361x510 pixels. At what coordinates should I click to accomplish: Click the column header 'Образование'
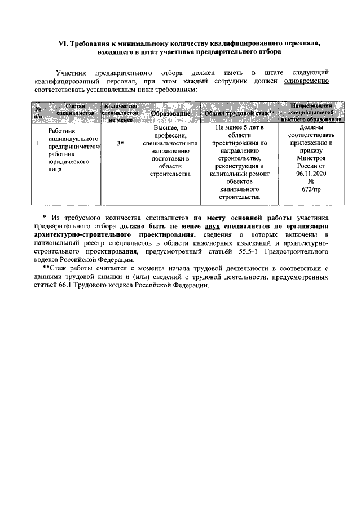(169, 113)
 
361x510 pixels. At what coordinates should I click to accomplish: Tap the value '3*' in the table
(120, 144)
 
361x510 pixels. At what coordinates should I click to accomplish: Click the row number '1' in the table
(37, 144)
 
